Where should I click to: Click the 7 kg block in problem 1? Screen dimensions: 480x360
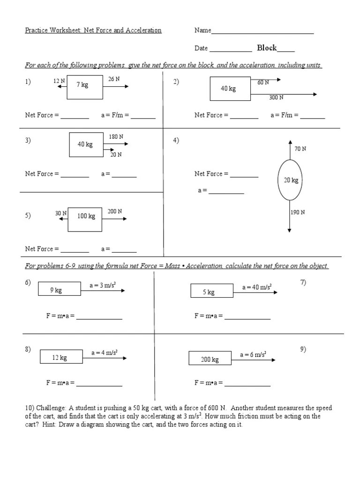coord(85,86)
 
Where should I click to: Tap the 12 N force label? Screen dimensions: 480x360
coord(59,81)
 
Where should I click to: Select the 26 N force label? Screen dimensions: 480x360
coord(114,79)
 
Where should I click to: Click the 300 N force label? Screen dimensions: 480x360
coord(276,97)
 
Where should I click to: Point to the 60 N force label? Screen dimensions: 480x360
coord(263,82)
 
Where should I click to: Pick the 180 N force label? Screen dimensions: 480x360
coord(116,137)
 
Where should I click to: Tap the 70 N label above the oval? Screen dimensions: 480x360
coord(300,149)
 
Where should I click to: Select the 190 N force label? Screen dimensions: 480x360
coord(298,212)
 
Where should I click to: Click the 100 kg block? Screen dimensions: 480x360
coord(86,217)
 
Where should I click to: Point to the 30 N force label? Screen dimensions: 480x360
coord(61,213)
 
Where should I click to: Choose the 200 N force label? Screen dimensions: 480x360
coord(115,211)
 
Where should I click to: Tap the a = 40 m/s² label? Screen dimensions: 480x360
coord(257,287)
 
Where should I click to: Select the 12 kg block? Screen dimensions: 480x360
coord(60,358)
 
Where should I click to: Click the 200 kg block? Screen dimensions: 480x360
coord(210,360)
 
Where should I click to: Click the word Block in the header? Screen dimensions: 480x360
coord(267,48)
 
